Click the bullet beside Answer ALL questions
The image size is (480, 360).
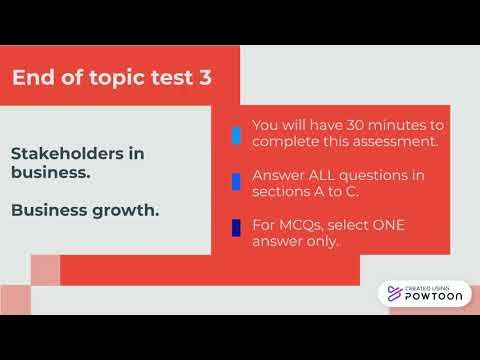coord(236,182)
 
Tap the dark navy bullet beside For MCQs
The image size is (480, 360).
coord(236,228)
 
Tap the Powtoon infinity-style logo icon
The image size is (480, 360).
coord(393,293)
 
